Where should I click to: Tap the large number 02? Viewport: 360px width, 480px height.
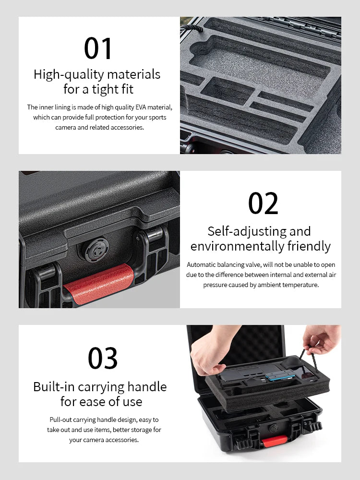[x=263, y=204]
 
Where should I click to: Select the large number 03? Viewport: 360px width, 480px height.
[x=103, y=358]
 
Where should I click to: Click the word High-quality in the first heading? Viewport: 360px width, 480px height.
[x=69, y=74]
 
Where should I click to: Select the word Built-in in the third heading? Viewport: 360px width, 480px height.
[x=54, y=387]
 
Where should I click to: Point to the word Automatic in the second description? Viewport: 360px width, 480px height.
[x=201, y=264]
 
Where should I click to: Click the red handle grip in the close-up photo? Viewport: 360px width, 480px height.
[x=99, y=284]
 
